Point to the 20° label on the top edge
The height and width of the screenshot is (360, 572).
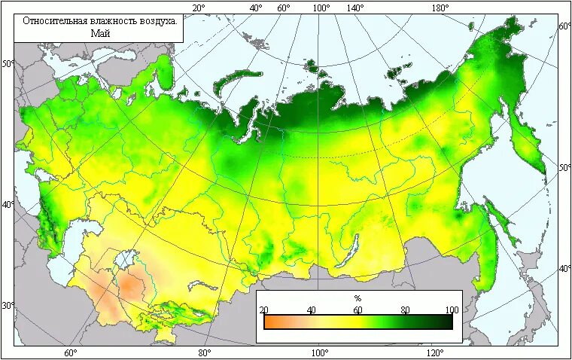199,8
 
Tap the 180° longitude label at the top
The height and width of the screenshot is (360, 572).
440,8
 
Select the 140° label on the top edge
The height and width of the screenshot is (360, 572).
355,8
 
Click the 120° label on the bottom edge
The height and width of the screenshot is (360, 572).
434,352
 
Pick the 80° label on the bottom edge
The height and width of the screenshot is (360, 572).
204,352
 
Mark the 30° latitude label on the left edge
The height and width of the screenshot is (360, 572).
8,306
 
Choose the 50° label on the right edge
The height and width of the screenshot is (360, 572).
564,166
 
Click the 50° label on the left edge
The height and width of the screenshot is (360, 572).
8,63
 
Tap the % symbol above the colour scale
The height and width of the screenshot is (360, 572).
357,298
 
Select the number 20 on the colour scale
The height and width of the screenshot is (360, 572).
263,310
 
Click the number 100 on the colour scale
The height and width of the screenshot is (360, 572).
452,310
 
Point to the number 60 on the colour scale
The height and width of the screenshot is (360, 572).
358,310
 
